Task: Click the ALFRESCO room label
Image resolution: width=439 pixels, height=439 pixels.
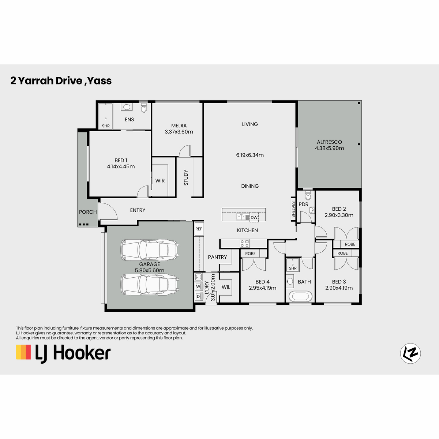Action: (x=329, y=142)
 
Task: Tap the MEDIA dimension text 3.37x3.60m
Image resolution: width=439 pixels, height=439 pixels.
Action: (x=179, y=132)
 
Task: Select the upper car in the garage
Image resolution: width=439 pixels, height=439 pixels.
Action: (x=150, y=250)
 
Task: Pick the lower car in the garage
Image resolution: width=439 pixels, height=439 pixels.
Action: (x=150, y=285)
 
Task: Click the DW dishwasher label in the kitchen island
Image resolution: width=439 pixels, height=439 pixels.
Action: (x=254, y=218)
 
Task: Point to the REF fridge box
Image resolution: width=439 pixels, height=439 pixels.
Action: (x=199, y=229)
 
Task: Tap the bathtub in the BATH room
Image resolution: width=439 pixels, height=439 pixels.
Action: (x=300, y=296)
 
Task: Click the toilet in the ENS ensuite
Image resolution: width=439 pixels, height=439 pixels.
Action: (x=144, y=108)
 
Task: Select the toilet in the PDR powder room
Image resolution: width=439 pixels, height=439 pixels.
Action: (x=308, y=195)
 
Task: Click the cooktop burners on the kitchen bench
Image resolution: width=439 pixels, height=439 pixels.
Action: (x=244, y=243)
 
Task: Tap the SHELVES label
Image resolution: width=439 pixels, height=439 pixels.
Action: (x=293, y=209)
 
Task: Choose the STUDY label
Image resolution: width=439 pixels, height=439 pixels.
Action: (x=186, y=177)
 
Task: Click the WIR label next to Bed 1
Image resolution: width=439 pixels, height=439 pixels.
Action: (x=160, y=181)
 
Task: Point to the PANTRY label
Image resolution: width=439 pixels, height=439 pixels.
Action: (x=217, y=257)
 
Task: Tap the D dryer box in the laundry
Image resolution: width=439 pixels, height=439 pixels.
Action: (x=198, y=296)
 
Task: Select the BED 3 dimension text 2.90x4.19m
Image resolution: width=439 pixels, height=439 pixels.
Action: (x=339, y=288)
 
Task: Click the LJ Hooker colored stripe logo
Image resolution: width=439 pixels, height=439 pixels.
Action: (x=23, y=352)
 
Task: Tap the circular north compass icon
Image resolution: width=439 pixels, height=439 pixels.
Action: (x=410, y=353)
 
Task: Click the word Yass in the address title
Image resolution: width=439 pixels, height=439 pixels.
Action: (x=100, y=80)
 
